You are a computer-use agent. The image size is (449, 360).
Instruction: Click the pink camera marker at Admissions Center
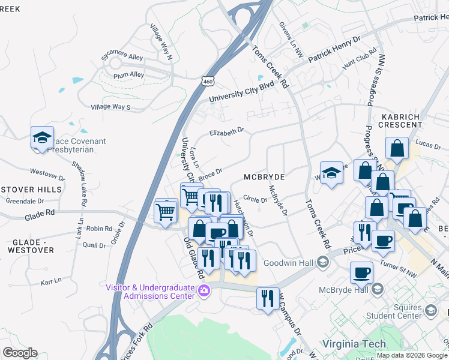tap(205, 292)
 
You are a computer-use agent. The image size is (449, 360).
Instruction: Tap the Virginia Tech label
tap(351, 344)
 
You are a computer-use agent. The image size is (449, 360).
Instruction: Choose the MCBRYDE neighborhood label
tap(264, 177)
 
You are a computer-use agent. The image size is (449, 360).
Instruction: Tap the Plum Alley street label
tap(128, 76)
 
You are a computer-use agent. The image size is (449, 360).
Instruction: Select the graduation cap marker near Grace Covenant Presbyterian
tap(43, 137)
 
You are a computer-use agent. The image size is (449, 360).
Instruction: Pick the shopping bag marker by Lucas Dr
tap(397, 148)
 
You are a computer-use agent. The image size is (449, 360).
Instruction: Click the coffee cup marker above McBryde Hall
tap(361, 273)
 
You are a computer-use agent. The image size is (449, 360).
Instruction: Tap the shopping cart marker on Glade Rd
tap(166, 210)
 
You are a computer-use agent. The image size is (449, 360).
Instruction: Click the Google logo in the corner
tap(20, 353)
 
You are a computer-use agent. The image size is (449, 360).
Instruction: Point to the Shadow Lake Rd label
tap(80, 178)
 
